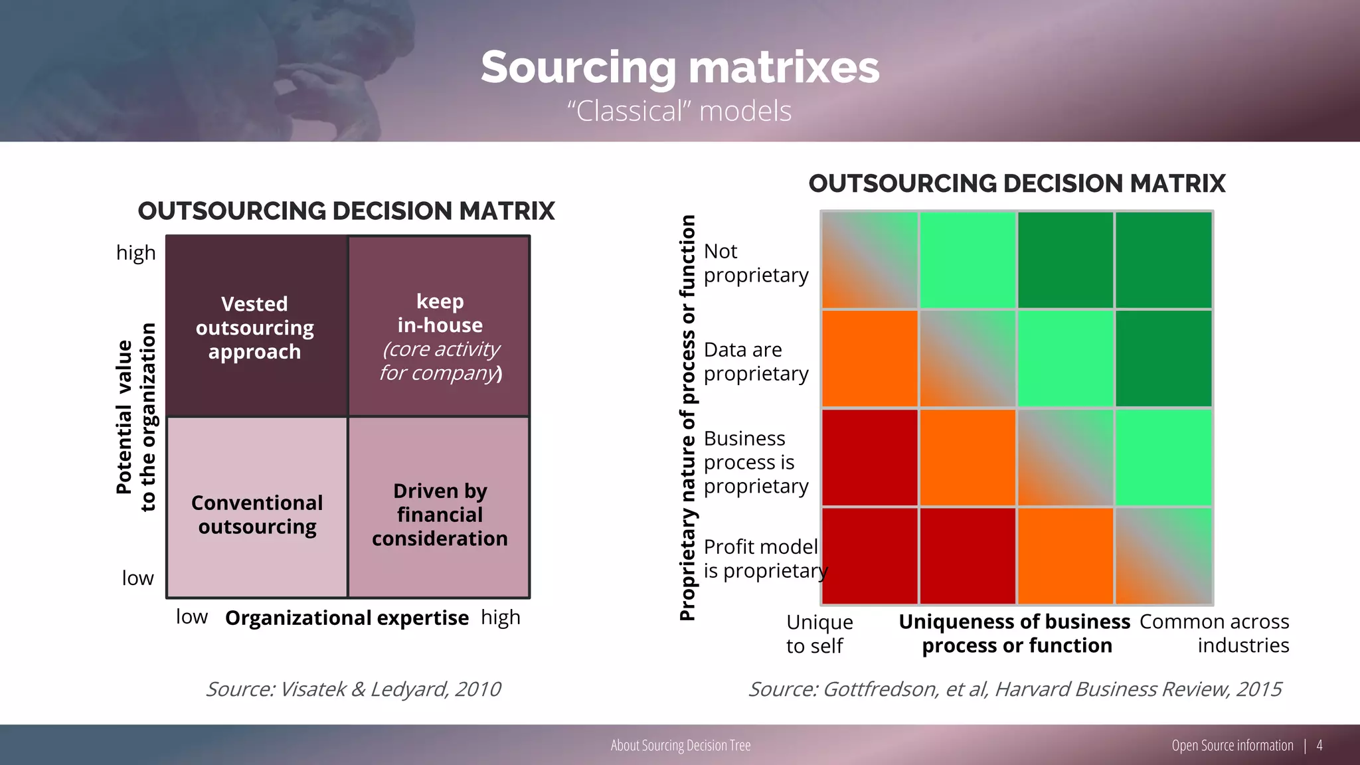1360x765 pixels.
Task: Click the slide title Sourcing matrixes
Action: tap(679, 67)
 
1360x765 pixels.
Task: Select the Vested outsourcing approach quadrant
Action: tap(256, 327)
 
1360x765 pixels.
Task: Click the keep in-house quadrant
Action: tap(440, 327)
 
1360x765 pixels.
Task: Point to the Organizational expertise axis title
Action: tap(347, 618)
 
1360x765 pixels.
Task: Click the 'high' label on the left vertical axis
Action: tap(135, 253)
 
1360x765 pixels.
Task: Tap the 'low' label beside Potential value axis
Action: tap(137, 578)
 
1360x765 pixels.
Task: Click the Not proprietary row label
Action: tap(755, 263)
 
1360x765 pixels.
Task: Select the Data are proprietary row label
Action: tap(755, 361)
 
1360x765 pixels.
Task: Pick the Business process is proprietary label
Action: tap(755, 462)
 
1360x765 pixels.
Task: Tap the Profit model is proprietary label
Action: tap(764, 558)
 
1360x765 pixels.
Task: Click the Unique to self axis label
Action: tap(819, 634)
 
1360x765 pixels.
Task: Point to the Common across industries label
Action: tap(1215, 634)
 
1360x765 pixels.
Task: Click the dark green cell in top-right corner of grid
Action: tap(1163, 260)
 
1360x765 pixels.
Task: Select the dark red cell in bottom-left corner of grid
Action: tap(869, 556)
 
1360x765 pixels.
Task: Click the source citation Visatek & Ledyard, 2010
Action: tap(353, 689)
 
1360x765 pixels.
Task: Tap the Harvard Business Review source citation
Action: tap(1015, 689)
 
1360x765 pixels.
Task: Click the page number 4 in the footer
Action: tap(1319, 745)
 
